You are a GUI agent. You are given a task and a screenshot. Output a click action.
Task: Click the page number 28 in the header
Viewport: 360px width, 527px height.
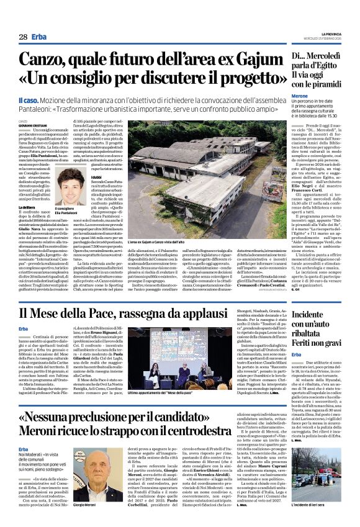[x=22, y=37]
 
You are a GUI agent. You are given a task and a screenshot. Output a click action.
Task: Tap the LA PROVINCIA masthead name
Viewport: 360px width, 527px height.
[x=331, y=34]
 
